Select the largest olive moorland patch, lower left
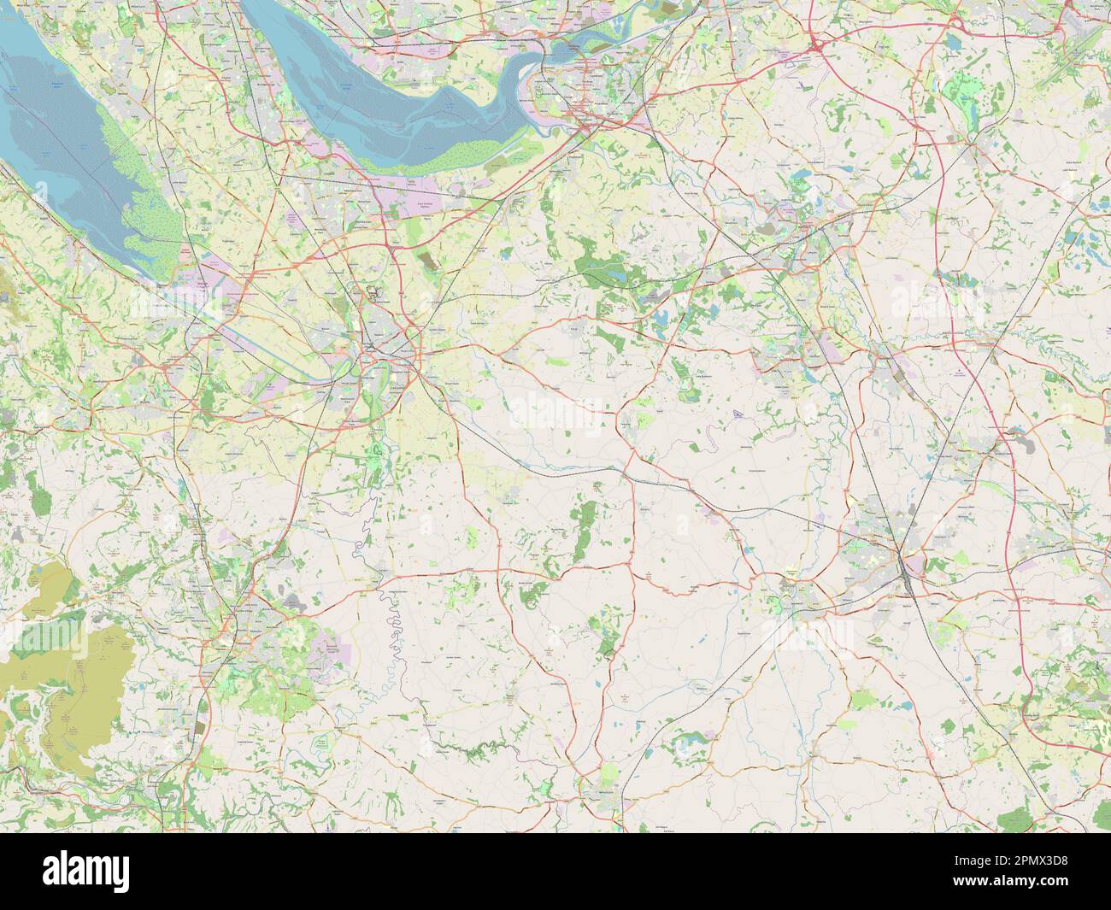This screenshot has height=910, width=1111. [81, 684]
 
